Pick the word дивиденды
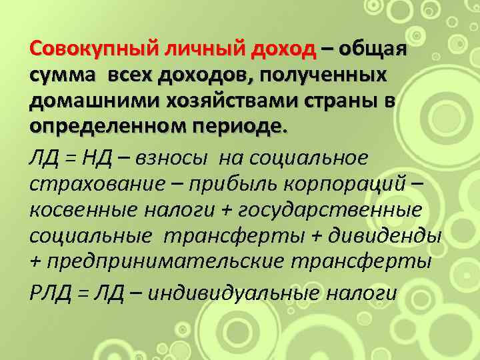[x=395, y=236]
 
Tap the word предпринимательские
[x=176, y=262]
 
